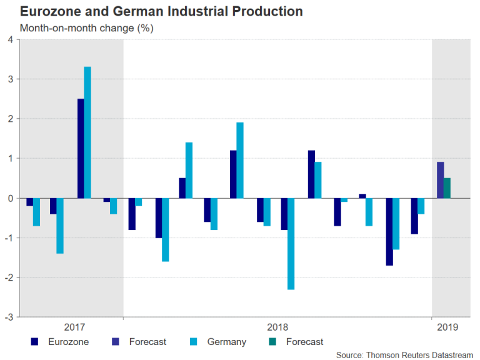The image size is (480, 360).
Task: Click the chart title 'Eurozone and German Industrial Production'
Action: click(x=161, y=12)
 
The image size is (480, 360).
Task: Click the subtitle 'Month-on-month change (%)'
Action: click(x=86, y=28)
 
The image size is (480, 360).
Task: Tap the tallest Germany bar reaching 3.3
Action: click(x=87, y=132)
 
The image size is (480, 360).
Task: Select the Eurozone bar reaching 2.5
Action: click(x=81, y=148)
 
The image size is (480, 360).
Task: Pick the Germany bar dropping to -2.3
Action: click(x=291, y=243)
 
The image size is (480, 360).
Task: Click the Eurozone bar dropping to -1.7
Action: click(x=389, y=231)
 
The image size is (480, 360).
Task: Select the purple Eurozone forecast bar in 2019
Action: click(x=441, y=180)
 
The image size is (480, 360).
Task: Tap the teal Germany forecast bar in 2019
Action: click(x=447, y=188)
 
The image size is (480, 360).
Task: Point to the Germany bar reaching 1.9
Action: click(x=240, y=160)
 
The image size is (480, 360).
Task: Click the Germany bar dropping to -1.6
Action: click(x=165, y=229)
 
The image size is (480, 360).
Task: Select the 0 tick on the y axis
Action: click(x=11, y=198)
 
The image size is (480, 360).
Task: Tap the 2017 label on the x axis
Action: click(x=74, y=327)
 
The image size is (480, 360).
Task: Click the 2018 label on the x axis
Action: click(x=277, y=327)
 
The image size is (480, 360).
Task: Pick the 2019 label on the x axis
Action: click(x=447, y=327)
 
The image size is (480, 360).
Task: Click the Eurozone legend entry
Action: click(x=68, y=342)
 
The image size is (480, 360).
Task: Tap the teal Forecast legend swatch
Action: click(x=272, y=342)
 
